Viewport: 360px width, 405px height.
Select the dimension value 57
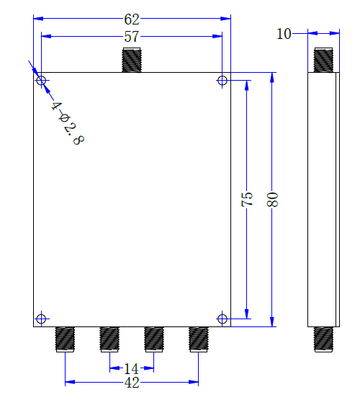point(132,37)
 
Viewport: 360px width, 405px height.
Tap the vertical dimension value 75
point(247,199)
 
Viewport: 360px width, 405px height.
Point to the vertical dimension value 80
point(272,199)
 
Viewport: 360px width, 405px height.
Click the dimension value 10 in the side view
point(284,33)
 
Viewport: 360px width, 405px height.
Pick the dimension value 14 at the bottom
point(132,368)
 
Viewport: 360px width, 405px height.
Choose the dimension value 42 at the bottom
point(132,383)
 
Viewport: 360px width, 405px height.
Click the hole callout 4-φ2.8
point(67,122)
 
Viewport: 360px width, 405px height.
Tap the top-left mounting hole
point(41,80)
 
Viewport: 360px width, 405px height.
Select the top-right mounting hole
point(222,80)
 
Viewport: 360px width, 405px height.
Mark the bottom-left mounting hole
point(41,318)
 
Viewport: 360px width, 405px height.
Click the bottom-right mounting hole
point(222,318)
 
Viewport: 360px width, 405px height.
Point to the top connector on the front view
point(132,60)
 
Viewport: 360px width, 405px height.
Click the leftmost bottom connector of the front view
point(66,339)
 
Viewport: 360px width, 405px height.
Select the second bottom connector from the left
point(109,339)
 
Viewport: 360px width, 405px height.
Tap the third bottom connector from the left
point(154,339)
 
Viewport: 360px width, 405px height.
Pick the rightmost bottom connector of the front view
point(199,339)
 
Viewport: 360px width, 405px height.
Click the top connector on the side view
point(323,60)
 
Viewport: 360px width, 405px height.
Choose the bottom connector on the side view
point(323,339)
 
